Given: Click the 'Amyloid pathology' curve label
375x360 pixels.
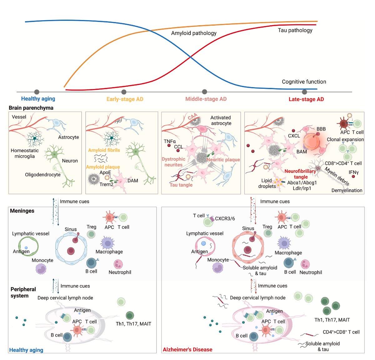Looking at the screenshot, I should click(194, 33).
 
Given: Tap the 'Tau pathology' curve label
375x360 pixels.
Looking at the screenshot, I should click(295, 30).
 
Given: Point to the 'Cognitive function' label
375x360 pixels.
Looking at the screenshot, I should click(304, 82).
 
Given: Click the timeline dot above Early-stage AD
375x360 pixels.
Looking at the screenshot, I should click(124, 92).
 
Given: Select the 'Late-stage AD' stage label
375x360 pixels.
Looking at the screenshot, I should click(306, 99).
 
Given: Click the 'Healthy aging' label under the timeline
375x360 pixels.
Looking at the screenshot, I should click(38, 99).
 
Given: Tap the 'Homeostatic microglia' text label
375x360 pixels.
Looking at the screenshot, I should click(25, 153).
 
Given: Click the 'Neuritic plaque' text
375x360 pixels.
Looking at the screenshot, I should click(223, 160).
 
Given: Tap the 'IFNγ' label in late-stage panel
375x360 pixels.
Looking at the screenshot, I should click(353, 172).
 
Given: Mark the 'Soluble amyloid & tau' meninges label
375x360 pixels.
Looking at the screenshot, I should click(260, 270).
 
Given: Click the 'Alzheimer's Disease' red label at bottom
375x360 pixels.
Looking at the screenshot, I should click(187, 349).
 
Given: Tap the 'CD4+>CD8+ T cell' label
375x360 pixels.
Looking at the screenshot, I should click(341, 332).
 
